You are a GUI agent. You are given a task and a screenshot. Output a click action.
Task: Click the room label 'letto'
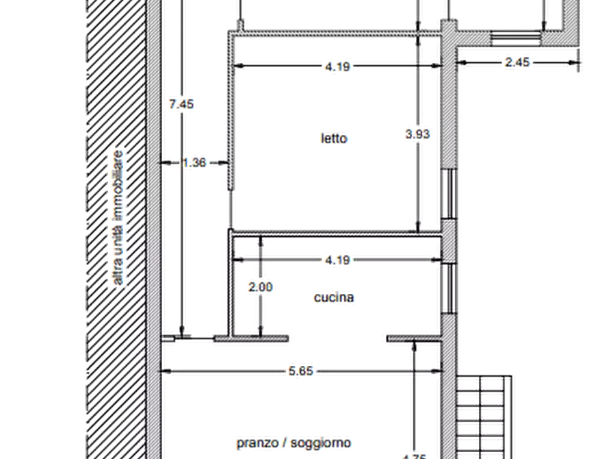click(x=334, y=138)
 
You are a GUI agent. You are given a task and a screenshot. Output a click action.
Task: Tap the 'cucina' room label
click(x=334, y=297)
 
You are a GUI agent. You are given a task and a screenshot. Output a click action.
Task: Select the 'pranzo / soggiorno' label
click(x=294, y=443)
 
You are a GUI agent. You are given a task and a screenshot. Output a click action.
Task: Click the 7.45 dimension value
click(x=181, y=104)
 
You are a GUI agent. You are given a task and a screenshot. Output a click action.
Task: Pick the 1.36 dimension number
click(x=194, y=162)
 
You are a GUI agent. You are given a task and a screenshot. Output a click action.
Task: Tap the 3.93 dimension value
click(x=417, y=134)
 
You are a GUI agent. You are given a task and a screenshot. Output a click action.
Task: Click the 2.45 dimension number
click(x=517, y=62)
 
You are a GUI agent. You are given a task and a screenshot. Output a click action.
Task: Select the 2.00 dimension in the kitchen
click(x=260, y=287)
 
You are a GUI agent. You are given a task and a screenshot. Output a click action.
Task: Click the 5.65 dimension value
click(x=301, y=371)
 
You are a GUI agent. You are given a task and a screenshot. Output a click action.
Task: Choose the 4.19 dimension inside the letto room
click(x=337, y=66)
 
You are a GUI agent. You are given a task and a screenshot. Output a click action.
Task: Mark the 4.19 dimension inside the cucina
click(x=337, y=260)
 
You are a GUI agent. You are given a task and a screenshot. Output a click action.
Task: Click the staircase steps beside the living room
click(x=484, y=417)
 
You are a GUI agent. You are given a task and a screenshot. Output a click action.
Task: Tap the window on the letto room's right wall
click(x=449, y=194)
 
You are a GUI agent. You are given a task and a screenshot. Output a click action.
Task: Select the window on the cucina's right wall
click(x=449, y=288)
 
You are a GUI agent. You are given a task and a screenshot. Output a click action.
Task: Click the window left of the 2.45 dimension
click(x=515, y=38)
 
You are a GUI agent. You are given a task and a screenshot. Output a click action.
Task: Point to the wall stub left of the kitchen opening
click(x=252, y=339)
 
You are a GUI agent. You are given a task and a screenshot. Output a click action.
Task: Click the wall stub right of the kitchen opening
click(x=414, y=339)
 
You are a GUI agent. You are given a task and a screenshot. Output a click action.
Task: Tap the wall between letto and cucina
click(x=337, y=234)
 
